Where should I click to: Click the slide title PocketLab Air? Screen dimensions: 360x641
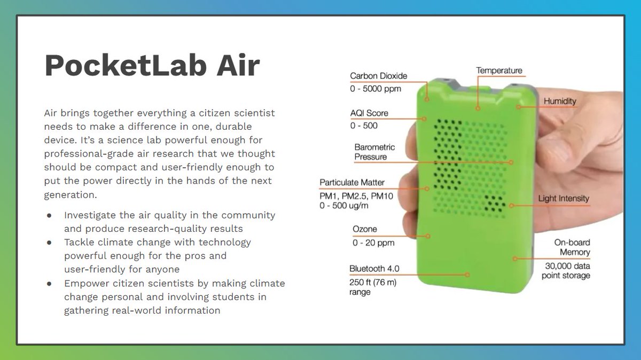152,66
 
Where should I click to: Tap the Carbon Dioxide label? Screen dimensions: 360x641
378,76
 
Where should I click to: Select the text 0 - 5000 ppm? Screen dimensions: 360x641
376,89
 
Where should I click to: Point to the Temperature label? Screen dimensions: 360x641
499,71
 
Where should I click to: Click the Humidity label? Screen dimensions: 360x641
560,101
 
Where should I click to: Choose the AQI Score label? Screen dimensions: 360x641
369,113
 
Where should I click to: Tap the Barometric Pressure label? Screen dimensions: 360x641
374,152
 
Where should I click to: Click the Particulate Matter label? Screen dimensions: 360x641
352,183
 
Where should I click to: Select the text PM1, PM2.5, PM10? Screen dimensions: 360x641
356,196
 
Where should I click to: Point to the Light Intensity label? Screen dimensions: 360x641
564,199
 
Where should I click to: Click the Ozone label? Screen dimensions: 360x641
364,229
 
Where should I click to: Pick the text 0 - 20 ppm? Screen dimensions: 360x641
373,243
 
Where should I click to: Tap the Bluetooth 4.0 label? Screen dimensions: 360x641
374,269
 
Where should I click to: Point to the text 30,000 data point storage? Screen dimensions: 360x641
566,271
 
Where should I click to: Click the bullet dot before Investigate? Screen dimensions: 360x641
50,215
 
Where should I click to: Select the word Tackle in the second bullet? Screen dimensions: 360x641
79,242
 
